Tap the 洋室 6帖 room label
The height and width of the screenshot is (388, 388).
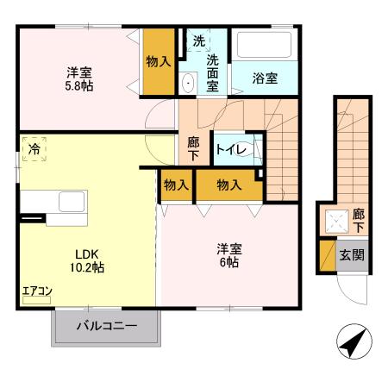(x=228, y=255)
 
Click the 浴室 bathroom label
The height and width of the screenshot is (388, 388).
(x=265, y=78)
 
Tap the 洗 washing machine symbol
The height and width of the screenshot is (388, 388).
(x=198, y=40)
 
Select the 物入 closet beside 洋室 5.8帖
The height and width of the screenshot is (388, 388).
(x=159, y=61)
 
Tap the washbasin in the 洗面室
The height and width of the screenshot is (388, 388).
(x=189, y=83)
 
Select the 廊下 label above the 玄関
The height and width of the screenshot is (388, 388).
(x=357, y=219)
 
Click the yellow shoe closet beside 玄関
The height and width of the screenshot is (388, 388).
(x=327, y=255)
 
